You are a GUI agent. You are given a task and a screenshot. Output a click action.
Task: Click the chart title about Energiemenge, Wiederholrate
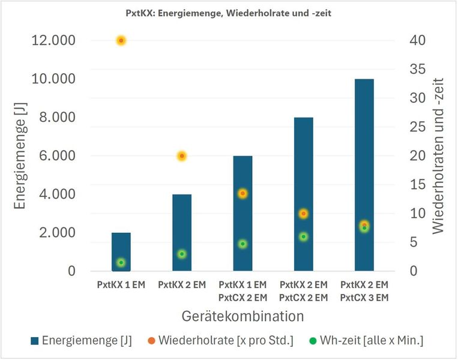(x=228, y=11)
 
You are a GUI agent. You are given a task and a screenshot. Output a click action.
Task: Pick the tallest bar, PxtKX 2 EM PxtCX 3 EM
(x=364, y=174)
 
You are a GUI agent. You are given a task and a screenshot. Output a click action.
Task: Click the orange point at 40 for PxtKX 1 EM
(x=121, y=40)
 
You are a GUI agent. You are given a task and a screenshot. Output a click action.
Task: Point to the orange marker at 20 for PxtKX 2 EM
(x=181, y=156)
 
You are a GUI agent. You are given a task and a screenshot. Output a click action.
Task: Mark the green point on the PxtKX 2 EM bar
(x=181, y=254)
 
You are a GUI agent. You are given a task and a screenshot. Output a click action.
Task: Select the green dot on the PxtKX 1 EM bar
(x=121, y=263)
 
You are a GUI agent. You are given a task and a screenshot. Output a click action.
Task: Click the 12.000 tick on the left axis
(x=53, y=40)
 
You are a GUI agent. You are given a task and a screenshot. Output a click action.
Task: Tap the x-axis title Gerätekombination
(x=243, y=315)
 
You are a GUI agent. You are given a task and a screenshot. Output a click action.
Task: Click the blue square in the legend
(x=37, y=341)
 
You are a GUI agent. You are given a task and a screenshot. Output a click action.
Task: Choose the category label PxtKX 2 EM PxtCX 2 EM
(x=303, y=290)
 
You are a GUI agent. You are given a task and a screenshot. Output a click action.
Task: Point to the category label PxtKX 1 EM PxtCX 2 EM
(x=243, y=290)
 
